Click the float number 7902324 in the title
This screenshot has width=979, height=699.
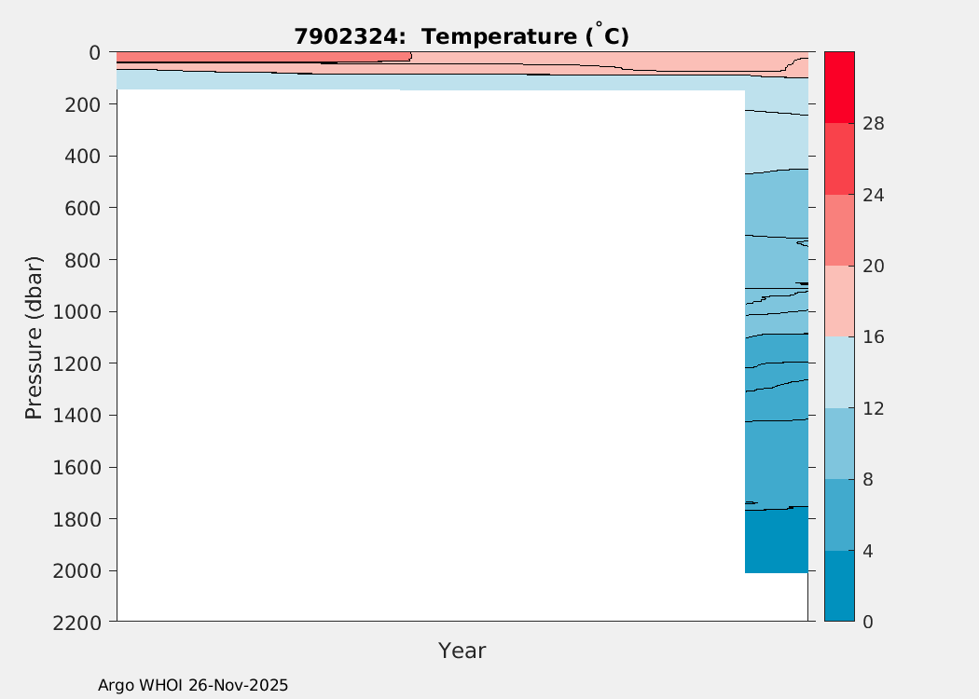click(x=346, y=37)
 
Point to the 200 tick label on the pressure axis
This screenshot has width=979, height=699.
click(x=82, y=104)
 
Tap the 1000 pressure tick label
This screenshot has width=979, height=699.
click(x=76, y=312)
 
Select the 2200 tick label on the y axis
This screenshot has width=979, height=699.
click(x=76, y=623)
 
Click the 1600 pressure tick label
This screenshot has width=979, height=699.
click(x=76, y=468)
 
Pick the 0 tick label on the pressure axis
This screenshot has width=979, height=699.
click(x=95, y=53)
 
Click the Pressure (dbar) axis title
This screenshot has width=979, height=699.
click(x=34, y=337)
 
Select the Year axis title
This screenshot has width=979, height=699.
click(x=462, y=651)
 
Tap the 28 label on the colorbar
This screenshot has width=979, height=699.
click(x=874, y=124)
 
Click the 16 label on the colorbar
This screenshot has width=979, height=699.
click(x=874, y=337)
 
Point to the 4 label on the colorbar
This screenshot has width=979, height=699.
click(x=867, y=552)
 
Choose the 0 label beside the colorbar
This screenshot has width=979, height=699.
click(x=867, y=623)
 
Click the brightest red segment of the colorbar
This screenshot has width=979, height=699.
click(x=839, y=88)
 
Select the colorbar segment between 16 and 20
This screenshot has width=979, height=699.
click(x=839, y=301)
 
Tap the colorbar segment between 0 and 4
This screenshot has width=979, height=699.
click(x=839, y=586)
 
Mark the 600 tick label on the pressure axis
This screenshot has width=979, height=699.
click(x=82, y=208)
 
